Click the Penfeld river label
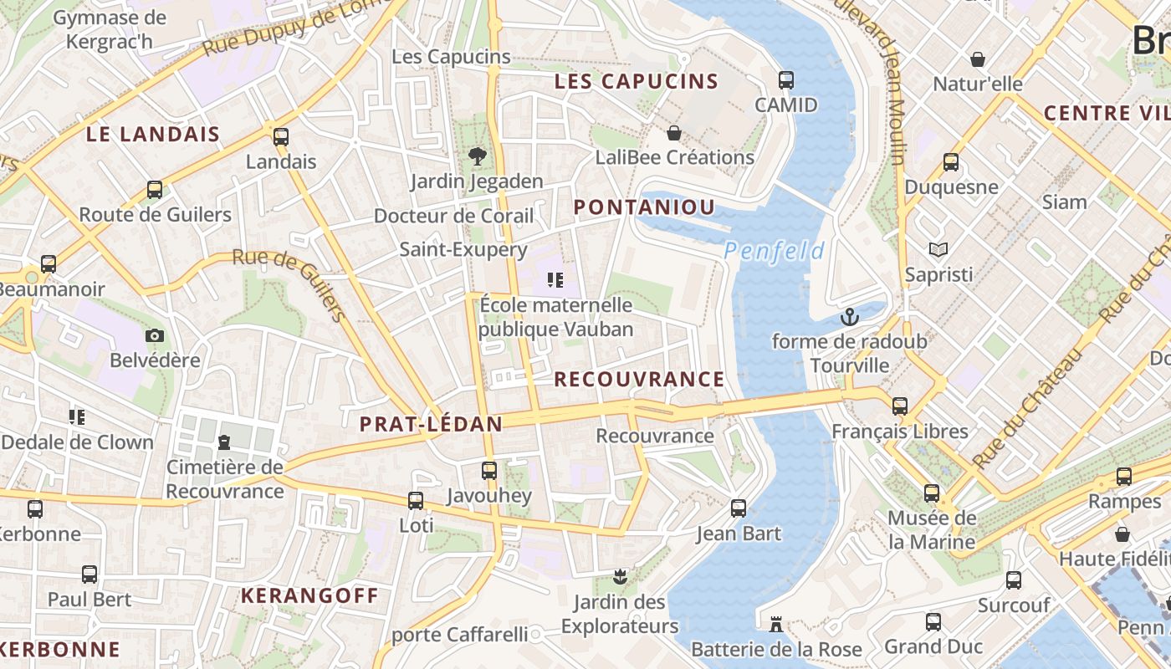point(774,251)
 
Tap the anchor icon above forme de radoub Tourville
point(850,317)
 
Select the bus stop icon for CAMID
point(786,80)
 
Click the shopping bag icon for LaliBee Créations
point(674,133)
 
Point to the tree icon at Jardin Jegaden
point(477,156)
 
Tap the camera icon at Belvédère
point(155,335)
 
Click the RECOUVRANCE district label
point(639,379)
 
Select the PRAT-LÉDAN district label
point(431,424)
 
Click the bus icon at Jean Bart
point(739,508)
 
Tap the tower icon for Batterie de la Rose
point(775,624)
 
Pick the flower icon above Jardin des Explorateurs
point(620,576)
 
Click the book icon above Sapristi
point(938,249)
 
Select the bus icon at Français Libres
point(900,406)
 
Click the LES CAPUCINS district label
point(637,81)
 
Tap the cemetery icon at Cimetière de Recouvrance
point(224,442)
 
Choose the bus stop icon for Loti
point(416,500)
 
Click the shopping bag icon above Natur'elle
point(977,59)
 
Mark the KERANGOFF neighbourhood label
point(309,595)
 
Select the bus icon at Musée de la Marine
point(932,493)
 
